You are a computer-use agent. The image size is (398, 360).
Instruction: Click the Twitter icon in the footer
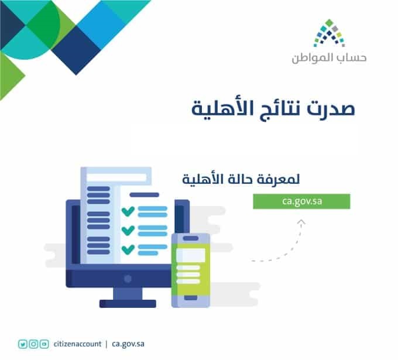coord(23,344)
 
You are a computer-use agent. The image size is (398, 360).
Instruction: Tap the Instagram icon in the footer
coord(33,344)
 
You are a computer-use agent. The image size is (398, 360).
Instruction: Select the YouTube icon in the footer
coord(44,344)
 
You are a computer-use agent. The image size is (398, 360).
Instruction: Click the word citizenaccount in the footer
coord(77,344)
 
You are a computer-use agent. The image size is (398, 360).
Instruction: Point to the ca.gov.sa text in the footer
coord(128,345)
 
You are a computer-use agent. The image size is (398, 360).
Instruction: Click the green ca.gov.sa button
coord(301,201)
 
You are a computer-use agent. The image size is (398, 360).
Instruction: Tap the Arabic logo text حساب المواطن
coord(329,58)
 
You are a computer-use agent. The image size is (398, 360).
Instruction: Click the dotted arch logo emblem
coord(329,33)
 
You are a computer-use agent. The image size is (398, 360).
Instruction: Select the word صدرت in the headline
coord(331,108)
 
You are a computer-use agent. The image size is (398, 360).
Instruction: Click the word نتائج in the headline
coord(281,109)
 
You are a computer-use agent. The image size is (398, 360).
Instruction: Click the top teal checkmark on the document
coord(128,211)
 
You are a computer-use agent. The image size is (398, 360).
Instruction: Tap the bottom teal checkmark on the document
coord(128,249)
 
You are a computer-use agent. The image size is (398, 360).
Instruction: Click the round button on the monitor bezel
coord(128,279)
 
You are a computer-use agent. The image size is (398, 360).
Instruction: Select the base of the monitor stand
coord(128,304)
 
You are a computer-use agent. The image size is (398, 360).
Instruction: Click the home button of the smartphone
coord(191,298)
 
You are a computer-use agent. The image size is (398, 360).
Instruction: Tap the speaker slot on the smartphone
coord(191,238)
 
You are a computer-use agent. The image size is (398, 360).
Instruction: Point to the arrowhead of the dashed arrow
coord(301,222)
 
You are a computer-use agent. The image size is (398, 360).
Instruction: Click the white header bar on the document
coord(116,177)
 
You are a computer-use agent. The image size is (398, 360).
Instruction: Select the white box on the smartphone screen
coord(191,255)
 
